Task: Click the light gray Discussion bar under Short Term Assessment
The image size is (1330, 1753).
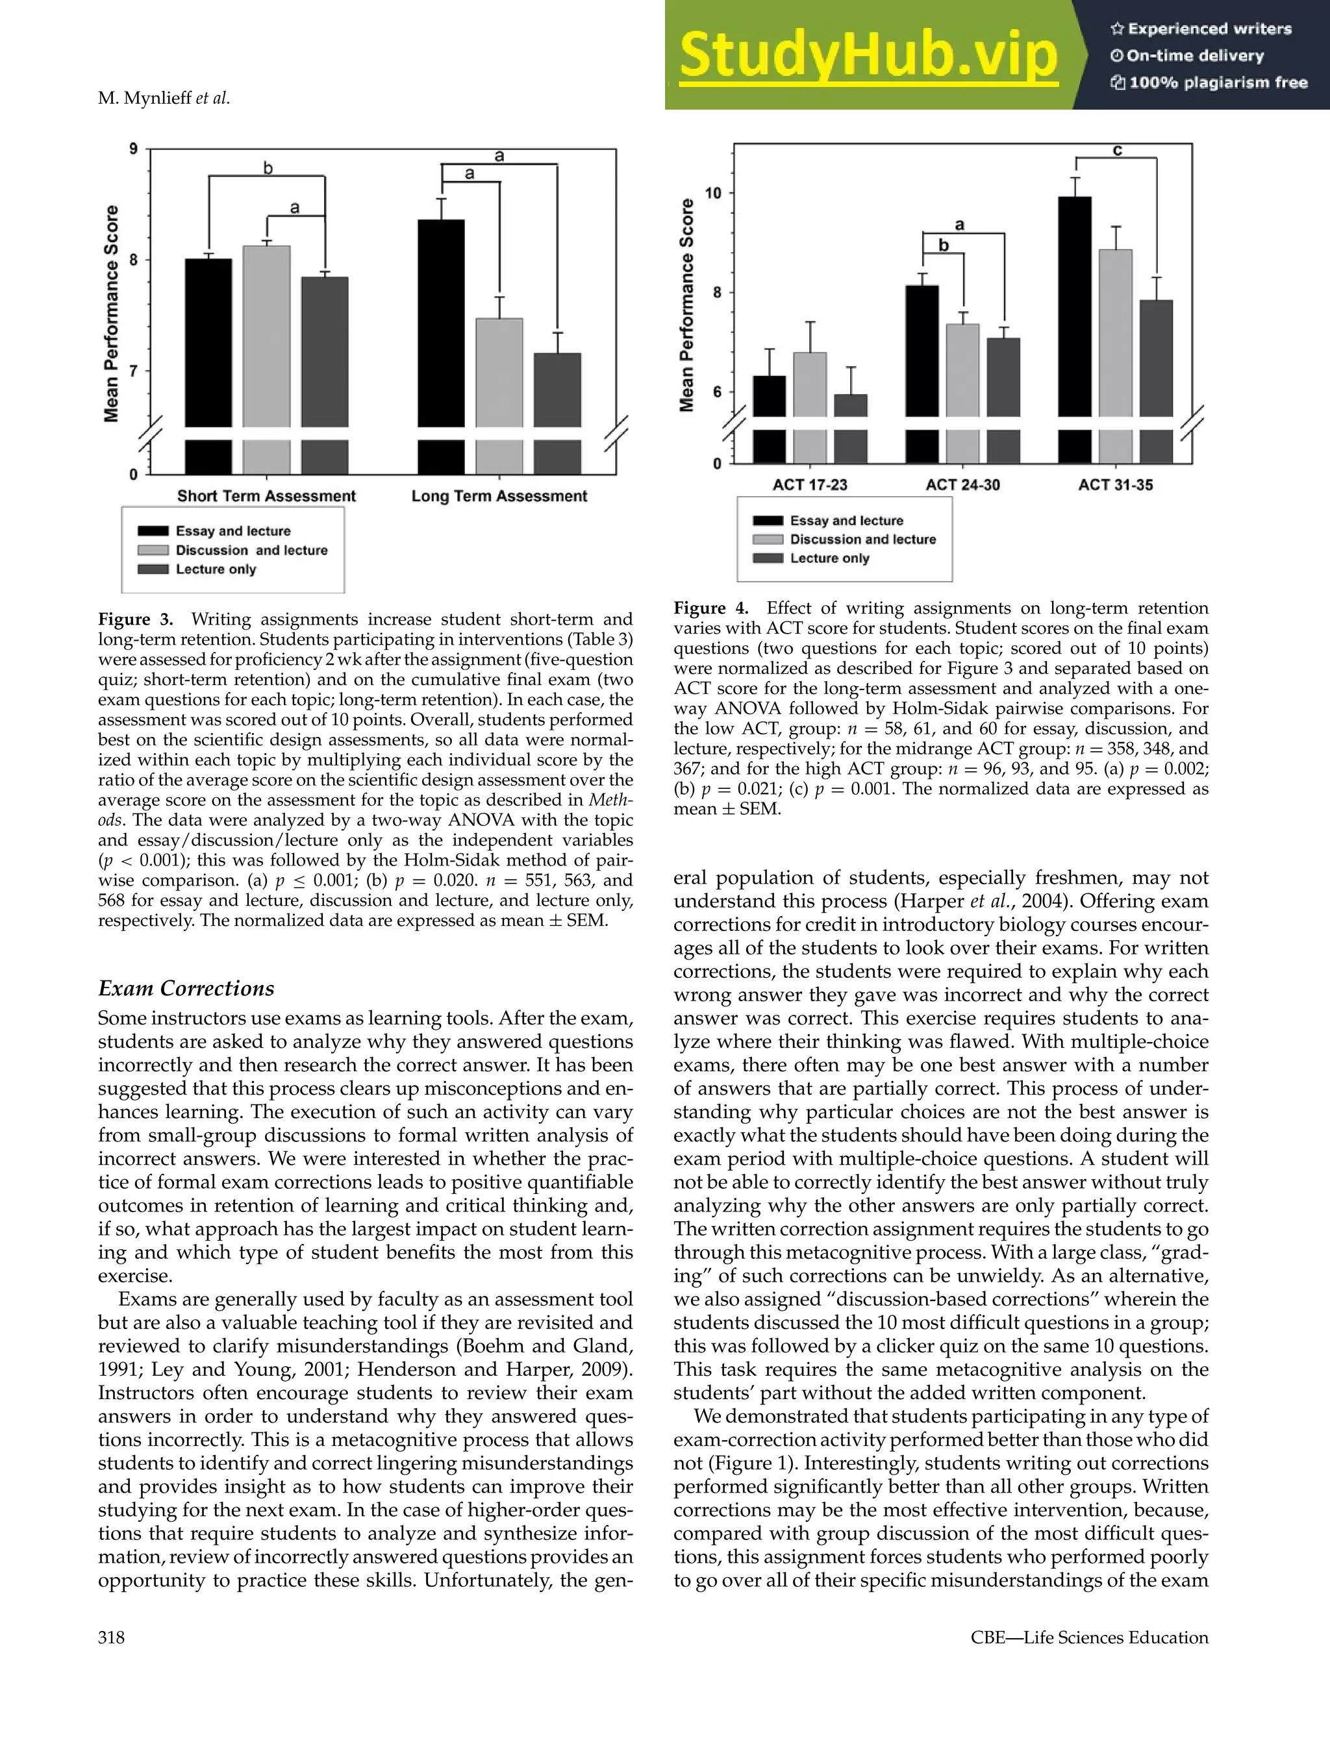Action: (x=266, y=336)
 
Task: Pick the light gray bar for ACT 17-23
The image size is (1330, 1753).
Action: (x=809, y=384)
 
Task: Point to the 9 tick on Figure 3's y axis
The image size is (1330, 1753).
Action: (x=133, y=149)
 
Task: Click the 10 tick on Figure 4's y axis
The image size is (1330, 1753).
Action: (x=713, y=193)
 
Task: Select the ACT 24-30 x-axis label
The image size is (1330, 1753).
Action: (x=962, y=485)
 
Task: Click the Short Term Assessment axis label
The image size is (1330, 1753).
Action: (x=266, y=496)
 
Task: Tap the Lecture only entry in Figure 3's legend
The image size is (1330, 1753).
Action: (x=216, y=569)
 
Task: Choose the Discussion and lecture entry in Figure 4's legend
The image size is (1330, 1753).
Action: (x=862, y=540)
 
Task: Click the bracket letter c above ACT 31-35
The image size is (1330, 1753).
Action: (x=1117, y=150)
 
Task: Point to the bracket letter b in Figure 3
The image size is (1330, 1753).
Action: (x=268, y=168)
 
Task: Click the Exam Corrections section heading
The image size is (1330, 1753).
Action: (x=186, y=988)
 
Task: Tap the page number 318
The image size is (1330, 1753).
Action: (x=111, y=1638)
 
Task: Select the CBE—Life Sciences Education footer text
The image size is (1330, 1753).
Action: (x=1089, y=1638)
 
